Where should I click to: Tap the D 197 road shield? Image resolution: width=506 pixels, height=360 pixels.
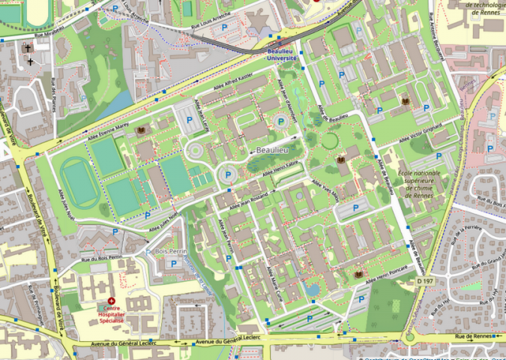click(424, 280)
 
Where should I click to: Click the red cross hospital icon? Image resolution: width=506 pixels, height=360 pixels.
click(112, 301)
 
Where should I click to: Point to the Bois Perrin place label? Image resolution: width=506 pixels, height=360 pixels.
click(170, 250)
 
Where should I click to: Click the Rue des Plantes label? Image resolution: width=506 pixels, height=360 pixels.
click(55, 94)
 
